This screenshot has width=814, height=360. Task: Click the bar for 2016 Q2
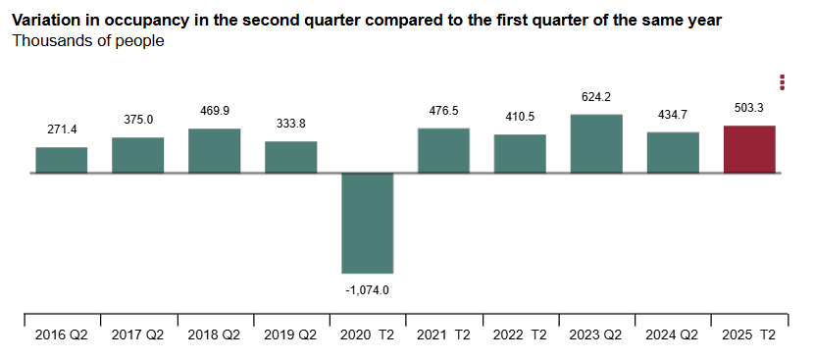(x=62, y=160)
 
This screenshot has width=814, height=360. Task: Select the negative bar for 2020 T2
(x=368, y=223)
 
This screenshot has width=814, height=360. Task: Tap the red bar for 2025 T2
(x=749, y=149)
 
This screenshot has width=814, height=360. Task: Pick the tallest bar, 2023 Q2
(x=596, y=143)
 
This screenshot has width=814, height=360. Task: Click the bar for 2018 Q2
(x=215, y=150)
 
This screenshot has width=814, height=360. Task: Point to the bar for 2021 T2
(x=444, y=150)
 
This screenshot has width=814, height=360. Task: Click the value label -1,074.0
(x=368, y=290)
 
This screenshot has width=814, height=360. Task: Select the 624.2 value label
(x=596, y=96)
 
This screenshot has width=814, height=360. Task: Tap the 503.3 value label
(x=749, y=108)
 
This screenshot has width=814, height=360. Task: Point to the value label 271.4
(x=62, y=129)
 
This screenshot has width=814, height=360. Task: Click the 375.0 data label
(x=138, y=120)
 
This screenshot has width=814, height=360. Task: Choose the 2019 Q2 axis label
(x=291, y=334)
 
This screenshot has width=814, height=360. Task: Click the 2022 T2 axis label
(x=521, y=334)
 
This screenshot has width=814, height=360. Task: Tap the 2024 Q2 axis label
(x=673, y=334)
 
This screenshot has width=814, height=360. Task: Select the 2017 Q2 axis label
(x=138, y=334)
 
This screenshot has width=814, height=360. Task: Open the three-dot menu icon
(x=782, y=81)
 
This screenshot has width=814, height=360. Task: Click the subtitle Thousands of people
(x=88, y=41)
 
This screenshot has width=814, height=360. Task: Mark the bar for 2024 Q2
(x=673, y=152)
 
